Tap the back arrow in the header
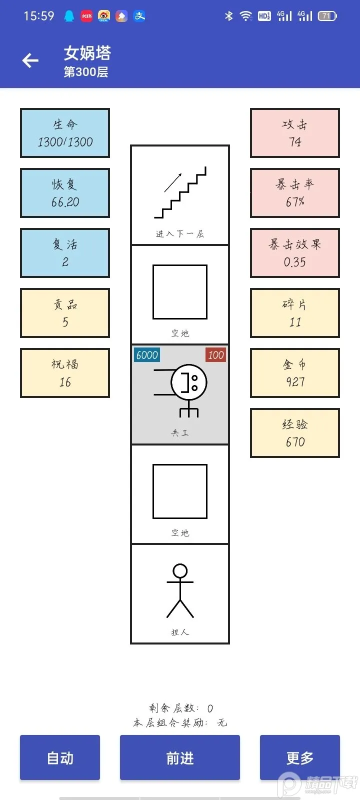pos(30,60)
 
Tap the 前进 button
pos(179,757)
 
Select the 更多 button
pos(299,757)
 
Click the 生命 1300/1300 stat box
pos(65,133)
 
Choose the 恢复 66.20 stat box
pos(65,193)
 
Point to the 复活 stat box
pos(65,253)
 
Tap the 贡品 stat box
pos(65,313)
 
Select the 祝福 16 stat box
pos(65,373)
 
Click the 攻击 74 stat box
pos(295,133)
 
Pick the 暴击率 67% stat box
pos(295,193)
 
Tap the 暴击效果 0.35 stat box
pos(295,253)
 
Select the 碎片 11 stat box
pos(295,313)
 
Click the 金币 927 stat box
pos(295,373)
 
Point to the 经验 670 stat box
pos(295,433)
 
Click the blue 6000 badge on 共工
pos(147,355)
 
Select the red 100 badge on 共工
pos(215,355)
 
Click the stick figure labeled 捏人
pos(180,591)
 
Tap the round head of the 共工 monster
pos(189,382)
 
